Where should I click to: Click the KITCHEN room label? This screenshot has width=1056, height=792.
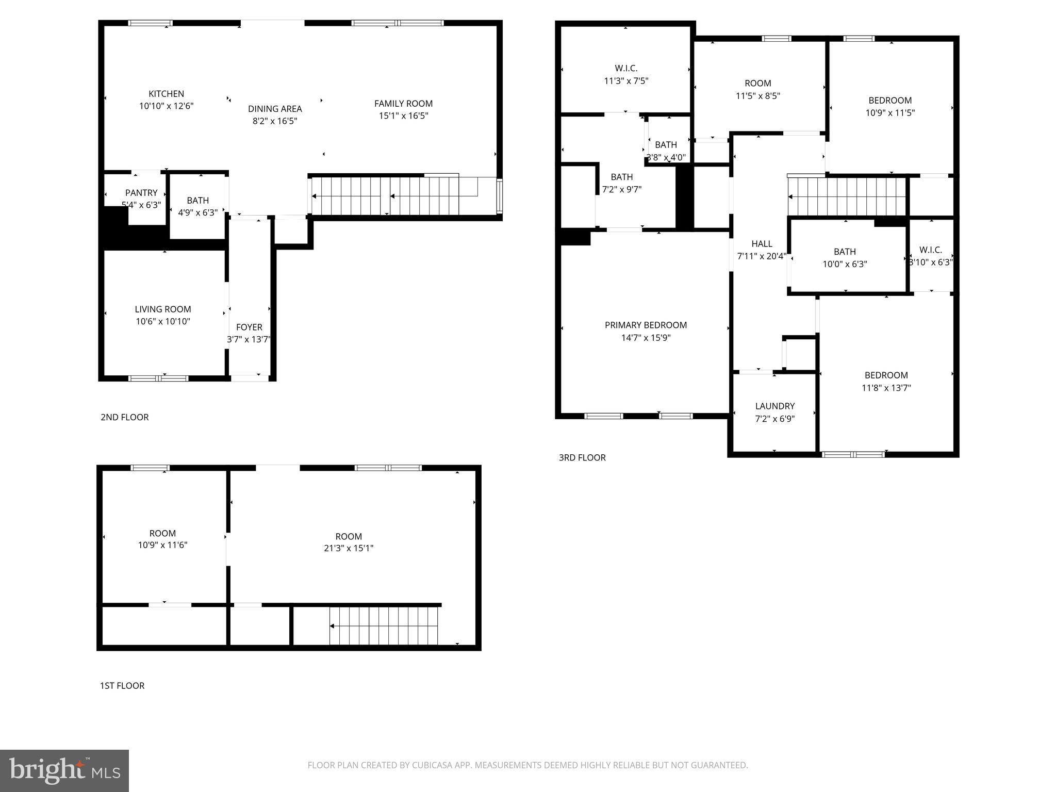(x=166, y=94)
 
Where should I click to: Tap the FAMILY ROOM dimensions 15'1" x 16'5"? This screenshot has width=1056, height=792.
(x=403, y=116)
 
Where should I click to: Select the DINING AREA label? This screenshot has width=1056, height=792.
(x=275, y=109)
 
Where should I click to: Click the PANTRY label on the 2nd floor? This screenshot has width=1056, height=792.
(x=141, y=193)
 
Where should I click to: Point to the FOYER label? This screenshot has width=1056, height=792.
(x=249, y=327)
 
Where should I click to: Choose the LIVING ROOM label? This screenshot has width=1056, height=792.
(x=163, y=309)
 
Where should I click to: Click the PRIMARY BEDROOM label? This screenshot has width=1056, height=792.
(x=646, y=325)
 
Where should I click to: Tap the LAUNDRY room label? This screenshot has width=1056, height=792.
(x=774, y=406)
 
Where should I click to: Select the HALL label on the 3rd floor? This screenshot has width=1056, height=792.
(x=762, y=244)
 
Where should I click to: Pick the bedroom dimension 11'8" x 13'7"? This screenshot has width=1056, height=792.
(x=886, y=388)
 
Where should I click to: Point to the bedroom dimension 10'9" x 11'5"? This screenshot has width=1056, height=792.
(x=890, y=113)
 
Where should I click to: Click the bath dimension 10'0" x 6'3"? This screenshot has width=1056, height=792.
(x=845, y=265)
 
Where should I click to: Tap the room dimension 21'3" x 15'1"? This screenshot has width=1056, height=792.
(x=349, y=548)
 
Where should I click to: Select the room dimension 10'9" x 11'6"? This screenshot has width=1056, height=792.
(x=162, y=545)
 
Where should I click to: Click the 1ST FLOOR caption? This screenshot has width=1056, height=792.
(x=122, y=686)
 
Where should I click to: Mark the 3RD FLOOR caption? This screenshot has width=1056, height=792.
(x=582, y=458)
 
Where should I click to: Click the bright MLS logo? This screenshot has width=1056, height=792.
(x=64, y=771)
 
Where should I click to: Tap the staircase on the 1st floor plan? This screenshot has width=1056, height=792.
(x=384, y=625)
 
